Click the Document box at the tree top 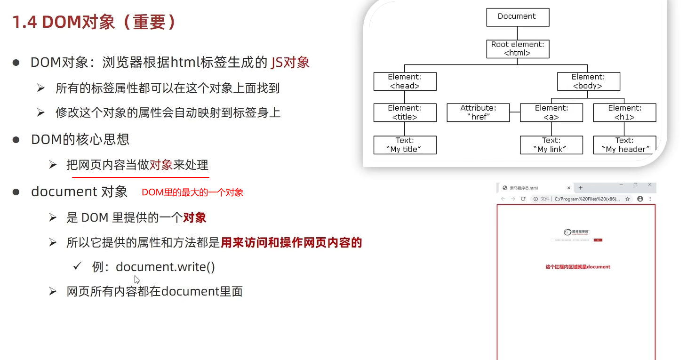click(x=517, y=17)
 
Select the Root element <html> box click(x=517, y=48)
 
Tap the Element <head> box click(x=405, y=81)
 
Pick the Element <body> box click(x=588, y=81)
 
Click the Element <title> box click(x=405, y=113)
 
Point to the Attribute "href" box click(x=478, y=113)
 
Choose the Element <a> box click(x=551, y=113)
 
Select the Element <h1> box click(x=624, y=113)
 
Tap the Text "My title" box click(x=405, y=145)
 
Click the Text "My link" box click(x=551, y=145)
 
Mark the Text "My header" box click(x=624, y=145)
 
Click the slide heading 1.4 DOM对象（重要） click(x=94, y=22)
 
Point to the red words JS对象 click(x=290, y=62)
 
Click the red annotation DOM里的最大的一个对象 click(x=192, y=192)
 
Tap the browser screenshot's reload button click(x=523, y=199)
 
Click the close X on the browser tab click(x=568, y=188)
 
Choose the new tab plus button click(x=581, y=188)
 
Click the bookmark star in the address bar click(x=628, y=199)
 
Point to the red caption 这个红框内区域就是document click(x=577, y=267)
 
